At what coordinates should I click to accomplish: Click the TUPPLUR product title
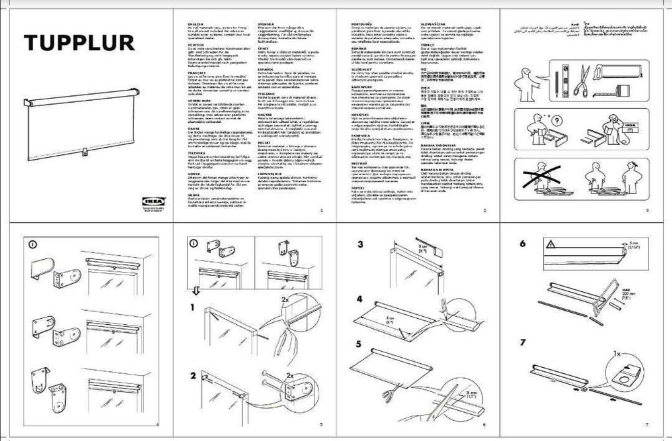pos(79,43)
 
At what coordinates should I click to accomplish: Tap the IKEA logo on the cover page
pos(151,200)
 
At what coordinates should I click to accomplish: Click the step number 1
pos(193,308)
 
